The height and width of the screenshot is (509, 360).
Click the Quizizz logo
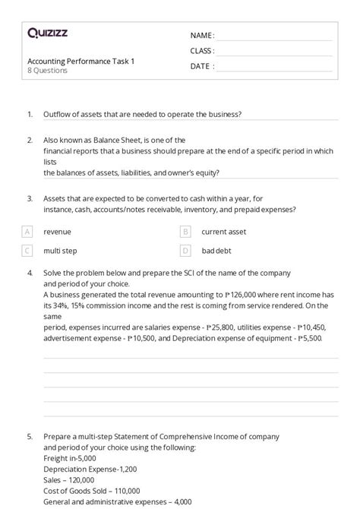coord(49,33)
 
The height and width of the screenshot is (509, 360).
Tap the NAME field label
coord(202,36)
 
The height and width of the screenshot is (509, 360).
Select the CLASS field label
coord(202,51)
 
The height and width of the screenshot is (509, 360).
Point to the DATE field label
coord(202,66)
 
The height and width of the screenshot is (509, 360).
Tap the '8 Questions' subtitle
coord(47,71)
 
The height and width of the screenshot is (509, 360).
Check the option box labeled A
coord(27,231)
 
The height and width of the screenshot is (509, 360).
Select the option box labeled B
coord(185,231)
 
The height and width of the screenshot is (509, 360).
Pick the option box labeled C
coord(27,249)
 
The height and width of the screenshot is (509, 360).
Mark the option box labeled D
coord(185,249)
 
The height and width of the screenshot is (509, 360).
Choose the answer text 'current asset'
coord(223,231)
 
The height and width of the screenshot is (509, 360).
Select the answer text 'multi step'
coord(60,250)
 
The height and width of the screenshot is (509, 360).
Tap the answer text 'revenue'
coord(57,231)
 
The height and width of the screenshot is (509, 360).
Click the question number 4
coord(29,272)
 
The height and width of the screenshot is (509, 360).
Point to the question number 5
coord(29,437)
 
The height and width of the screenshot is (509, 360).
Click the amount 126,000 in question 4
coord(245,293)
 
